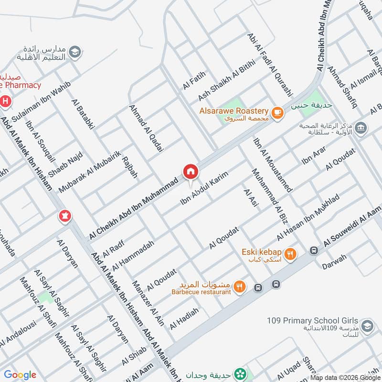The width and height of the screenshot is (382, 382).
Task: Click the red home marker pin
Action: (190, 171)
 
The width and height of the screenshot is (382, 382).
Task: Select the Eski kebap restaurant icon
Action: (290, 254)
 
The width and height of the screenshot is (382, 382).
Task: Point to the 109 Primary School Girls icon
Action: (367, 326)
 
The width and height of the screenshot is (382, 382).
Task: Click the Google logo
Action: (20, 375)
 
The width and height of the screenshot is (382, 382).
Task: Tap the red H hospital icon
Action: (5, 101)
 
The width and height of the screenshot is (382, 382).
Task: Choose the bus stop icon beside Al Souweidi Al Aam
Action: (314, 250)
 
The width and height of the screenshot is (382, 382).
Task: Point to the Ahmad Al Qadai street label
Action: (147, 128)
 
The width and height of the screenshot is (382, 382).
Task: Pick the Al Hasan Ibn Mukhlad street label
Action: (308, 217)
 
